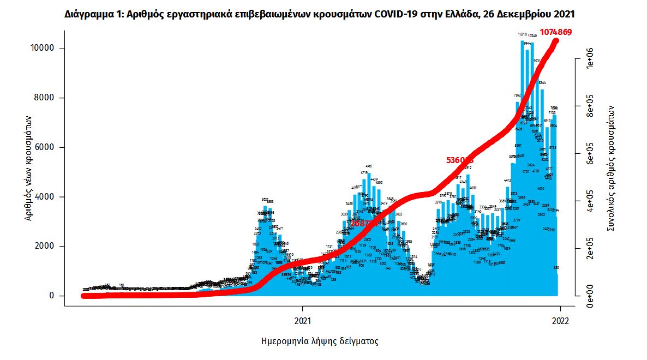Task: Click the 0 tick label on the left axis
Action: point(52,296)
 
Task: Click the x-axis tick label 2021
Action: point(302,321)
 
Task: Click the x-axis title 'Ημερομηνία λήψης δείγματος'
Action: point(320,341)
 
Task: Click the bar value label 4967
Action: point(369,166)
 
